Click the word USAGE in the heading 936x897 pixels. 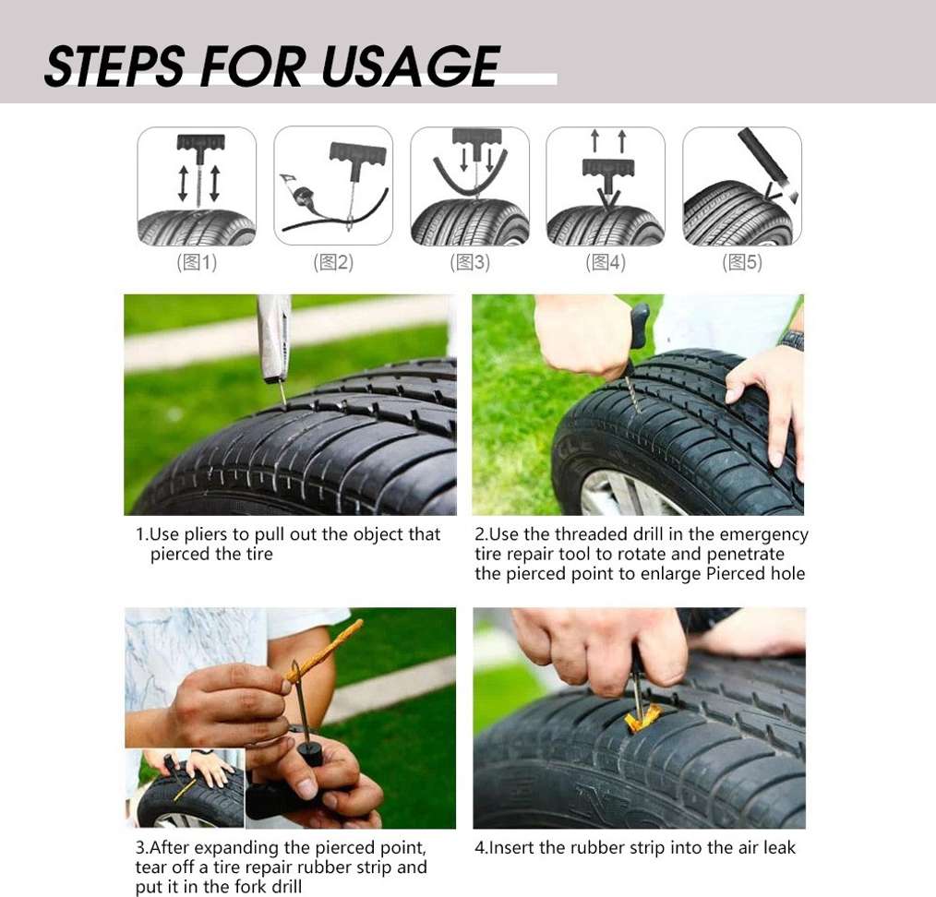411,66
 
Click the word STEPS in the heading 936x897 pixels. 114,66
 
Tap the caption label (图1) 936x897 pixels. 197,262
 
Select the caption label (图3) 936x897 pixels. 470,262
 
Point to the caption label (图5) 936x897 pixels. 742,262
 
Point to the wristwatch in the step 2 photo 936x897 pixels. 792,340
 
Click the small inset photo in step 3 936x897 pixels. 185,788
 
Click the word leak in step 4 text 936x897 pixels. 780,847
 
